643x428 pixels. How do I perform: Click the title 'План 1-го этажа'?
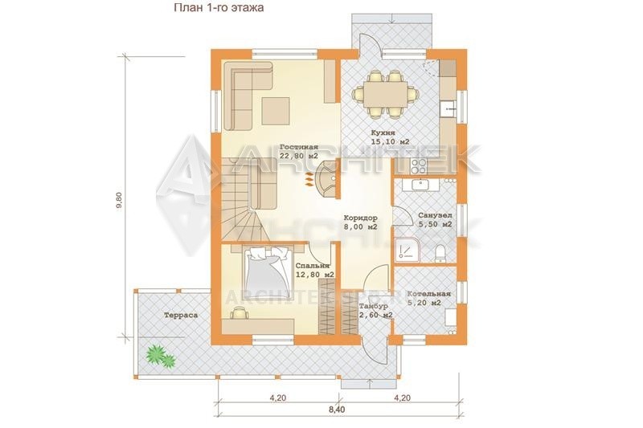point(219,8)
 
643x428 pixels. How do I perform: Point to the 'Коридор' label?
point(360,218)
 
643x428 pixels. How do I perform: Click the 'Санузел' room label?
point(435,215)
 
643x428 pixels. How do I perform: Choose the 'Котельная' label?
point(429,294)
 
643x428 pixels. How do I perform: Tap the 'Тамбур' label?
point(373,307)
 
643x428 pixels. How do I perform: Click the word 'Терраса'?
point(181,316)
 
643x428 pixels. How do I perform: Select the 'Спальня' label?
point(313,266)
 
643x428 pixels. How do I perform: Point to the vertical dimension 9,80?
point(119,201)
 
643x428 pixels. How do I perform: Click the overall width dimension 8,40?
point(337,410)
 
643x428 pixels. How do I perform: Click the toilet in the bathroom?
point(440,253)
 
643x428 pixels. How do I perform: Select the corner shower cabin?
point(408,249)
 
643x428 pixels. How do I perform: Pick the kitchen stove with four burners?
point(419,166)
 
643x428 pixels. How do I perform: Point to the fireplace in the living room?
point(327,179)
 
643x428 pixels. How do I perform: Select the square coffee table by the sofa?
point(276,111)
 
